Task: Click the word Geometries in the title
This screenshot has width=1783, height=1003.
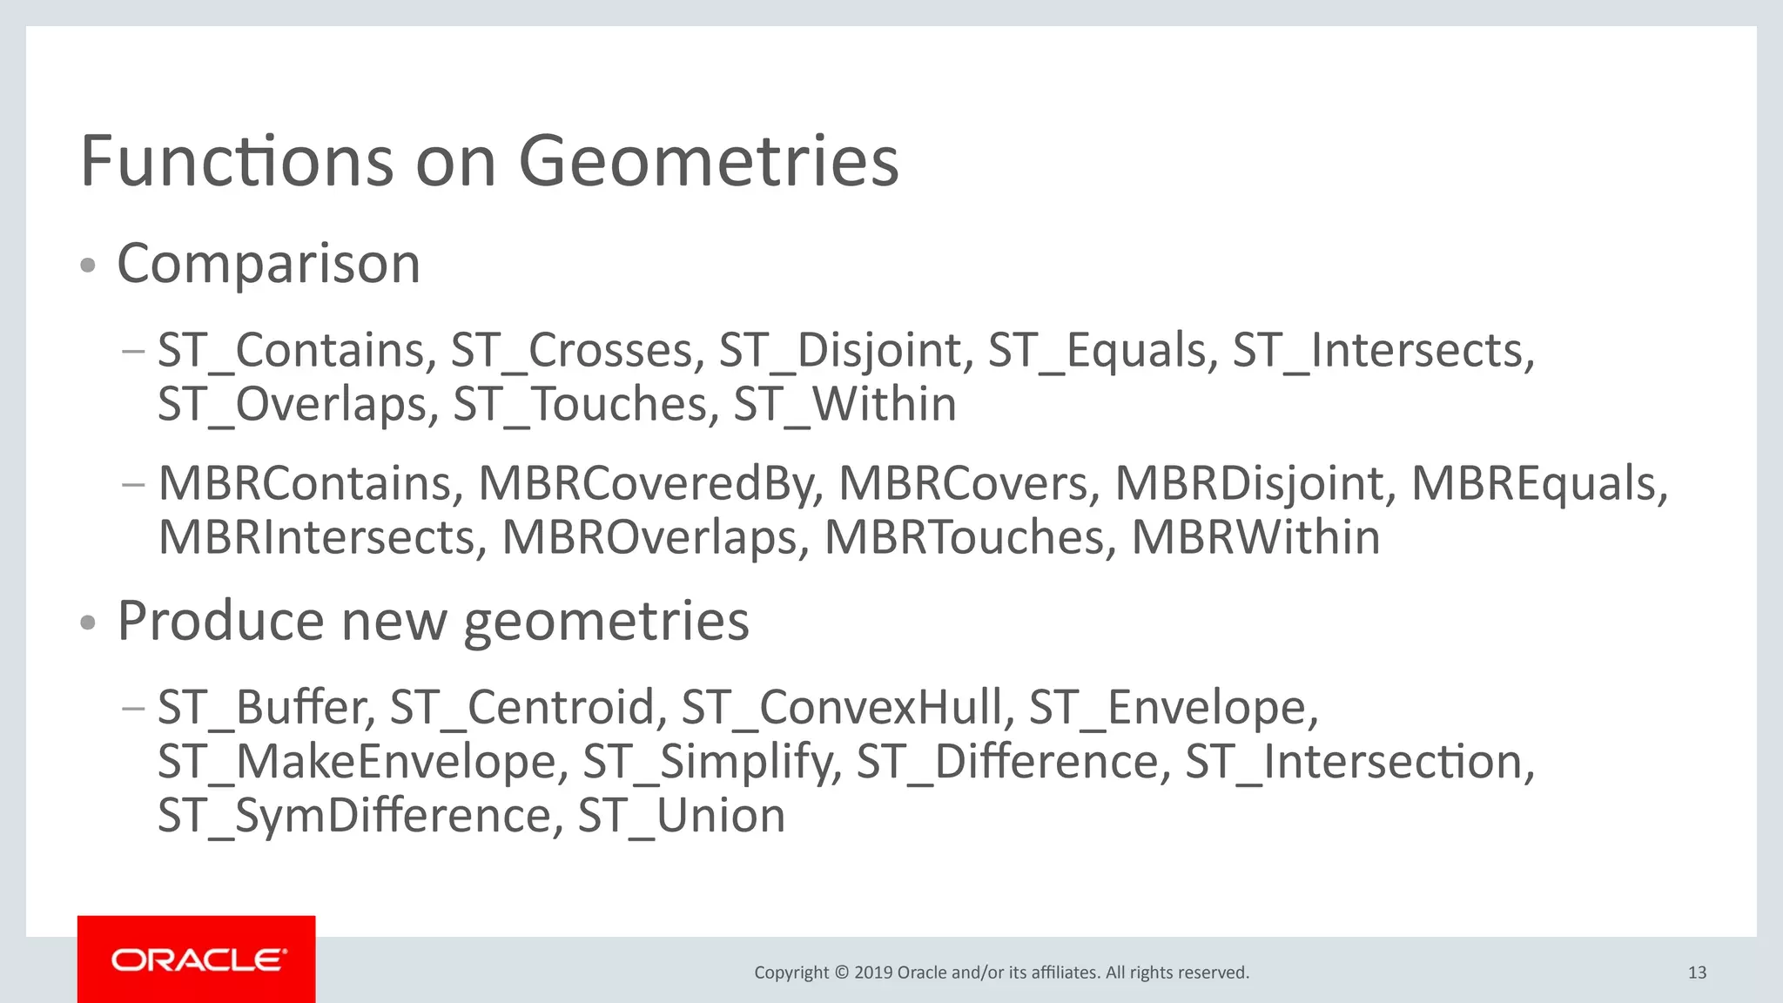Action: tap(709, 162)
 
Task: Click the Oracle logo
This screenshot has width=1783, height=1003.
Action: tap(197, 959)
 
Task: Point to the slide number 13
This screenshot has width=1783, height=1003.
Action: tap(1697, 973)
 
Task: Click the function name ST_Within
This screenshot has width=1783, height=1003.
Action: tap(844, 405)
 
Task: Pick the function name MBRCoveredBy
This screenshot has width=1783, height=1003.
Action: tap(650, 484)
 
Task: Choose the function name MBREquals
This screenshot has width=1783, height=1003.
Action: tap(1538, 484)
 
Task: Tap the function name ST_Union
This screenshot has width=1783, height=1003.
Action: tap(681, 816)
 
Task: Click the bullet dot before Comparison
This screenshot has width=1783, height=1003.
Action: tap(87, 266)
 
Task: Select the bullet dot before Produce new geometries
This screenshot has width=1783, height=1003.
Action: tap(87, 623)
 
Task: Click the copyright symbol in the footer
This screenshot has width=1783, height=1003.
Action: tap(841, 973)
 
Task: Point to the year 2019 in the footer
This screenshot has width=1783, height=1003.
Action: tap(873, 973)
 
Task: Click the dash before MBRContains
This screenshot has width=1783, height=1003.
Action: tap(133, 484)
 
